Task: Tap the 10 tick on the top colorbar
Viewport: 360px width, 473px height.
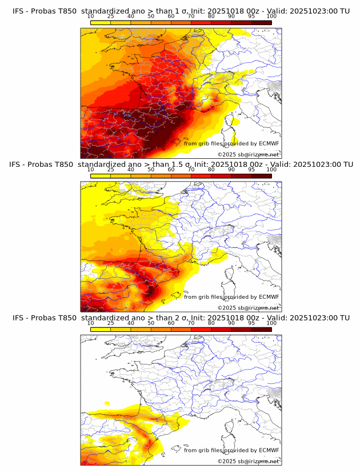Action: tap(91, 16)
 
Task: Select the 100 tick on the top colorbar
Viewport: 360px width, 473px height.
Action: tap(271, 16)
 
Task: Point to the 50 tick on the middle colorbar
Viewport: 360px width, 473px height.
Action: tap(151, 169)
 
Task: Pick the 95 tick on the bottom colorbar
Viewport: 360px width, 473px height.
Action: tap(251, 322)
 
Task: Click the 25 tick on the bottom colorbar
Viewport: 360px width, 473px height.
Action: tap(111, 322)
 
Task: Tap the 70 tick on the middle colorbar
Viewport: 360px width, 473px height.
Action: tap(191, 169)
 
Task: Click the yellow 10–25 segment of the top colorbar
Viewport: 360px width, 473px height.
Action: tap(101, 22)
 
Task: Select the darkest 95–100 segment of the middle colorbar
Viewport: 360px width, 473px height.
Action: tap(261, 175)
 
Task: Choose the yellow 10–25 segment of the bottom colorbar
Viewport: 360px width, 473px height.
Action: tap(101, 328)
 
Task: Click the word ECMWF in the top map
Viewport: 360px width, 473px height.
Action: tap(269, 143)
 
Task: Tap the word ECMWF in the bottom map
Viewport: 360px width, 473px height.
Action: tap(269, 450)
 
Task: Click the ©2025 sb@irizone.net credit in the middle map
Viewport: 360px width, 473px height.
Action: tap(248, 307)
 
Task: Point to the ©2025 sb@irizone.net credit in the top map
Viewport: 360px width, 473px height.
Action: tap(248, 154)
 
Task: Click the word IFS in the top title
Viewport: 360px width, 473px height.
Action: tap(19, 11)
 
